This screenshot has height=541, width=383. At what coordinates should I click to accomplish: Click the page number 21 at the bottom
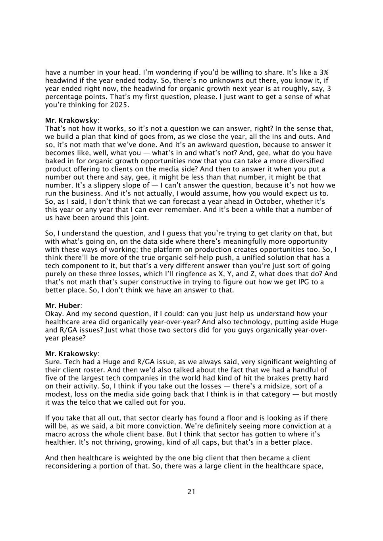(191, 492)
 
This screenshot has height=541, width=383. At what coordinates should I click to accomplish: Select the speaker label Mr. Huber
(63, 306)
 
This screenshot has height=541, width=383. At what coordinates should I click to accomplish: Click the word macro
(56, 434)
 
